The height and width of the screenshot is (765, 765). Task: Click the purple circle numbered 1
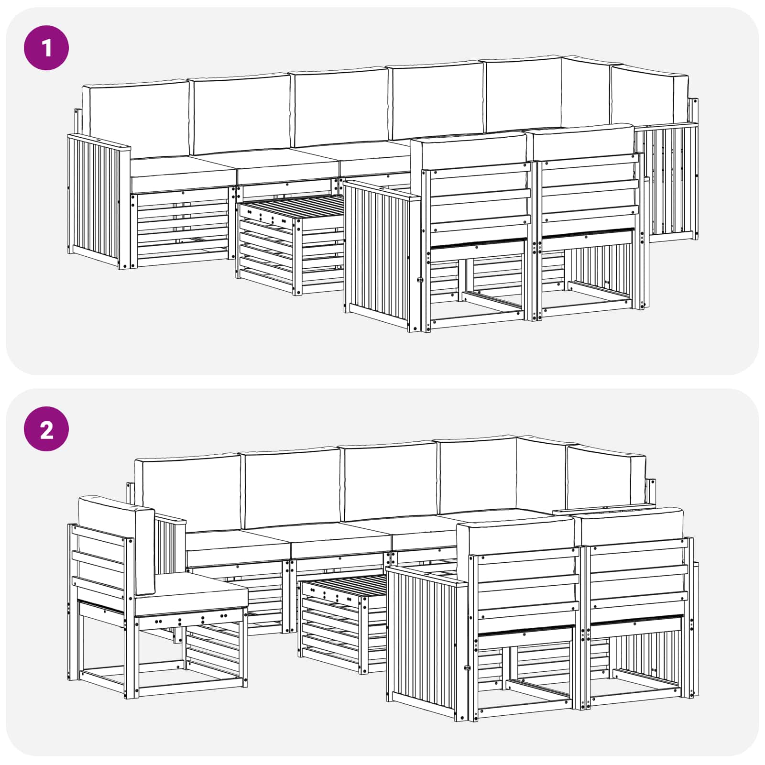tap(46, 48)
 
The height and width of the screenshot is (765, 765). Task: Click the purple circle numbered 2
tap(46, 429)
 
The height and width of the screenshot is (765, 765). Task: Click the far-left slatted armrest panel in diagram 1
tap(93, 201)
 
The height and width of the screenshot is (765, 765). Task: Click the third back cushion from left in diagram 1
tap(340, 108)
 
